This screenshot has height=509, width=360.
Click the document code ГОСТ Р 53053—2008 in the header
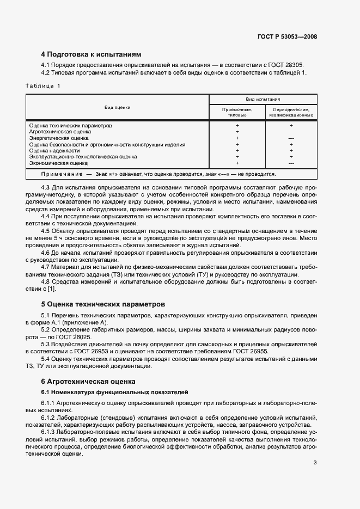(x=287, y=37)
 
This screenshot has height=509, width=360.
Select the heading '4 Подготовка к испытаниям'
(x=91, y=55)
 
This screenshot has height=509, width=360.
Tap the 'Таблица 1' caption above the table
(x=43, y=86)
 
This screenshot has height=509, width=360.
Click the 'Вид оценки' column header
(x=117, y=107)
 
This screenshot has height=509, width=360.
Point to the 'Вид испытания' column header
(x=263, y=100)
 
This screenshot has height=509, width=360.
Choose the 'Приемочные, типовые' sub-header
(x=237, y=112)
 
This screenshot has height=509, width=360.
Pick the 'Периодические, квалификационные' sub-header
(x=291, y=112)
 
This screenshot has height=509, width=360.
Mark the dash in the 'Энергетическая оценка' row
(x=291, y=139)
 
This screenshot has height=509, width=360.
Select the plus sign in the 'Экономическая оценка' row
(x=237, y=163)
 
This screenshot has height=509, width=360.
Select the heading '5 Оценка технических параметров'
(x=103, y=304)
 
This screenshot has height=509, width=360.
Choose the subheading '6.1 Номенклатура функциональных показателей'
(x=114, y=392)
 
